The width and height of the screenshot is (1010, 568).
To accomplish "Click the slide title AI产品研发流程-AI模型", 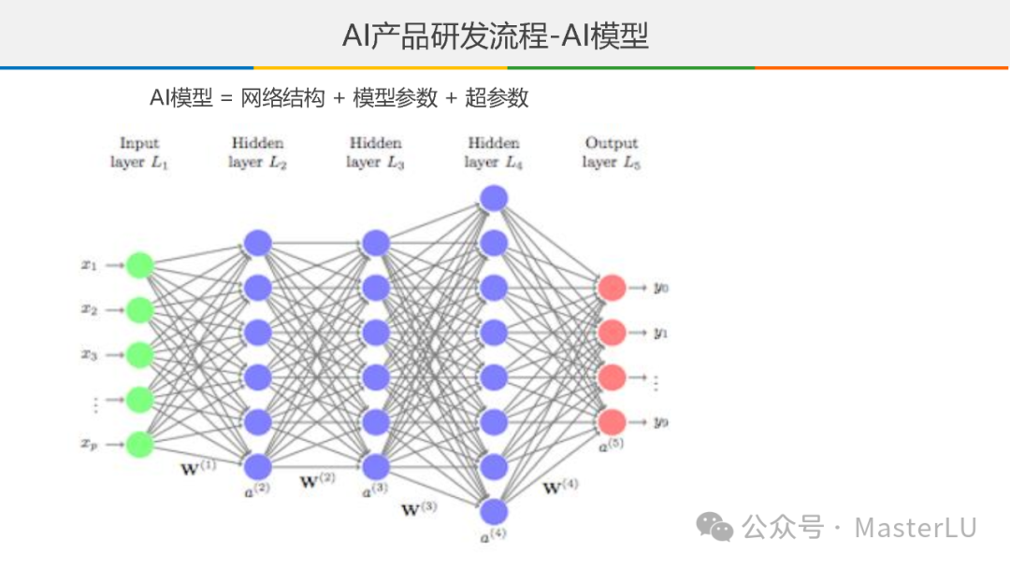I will (x=496, y=36).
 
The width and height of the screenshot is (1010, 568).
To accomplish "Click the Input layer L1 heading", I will (x=139, y=152).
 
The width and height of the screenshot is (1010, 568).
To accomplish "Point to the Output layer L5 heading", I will (x=612, y=152).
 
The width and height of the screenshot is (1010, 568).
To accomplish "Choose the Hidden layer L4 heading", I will (x=493, y=152).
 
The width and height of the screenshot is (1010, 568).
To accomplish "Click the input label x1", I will (x=90, y=265).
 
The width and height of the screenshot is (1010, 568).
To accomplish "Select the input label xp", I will (x=90, y=445).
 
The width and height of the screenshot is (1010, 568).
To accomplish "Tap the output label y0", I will (x=661, y=288).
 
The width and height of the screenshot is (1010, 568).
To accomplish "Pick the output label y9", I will (x=661, y=422).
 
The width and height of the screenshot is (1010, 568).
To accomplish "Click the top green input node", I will (x=139, y=265).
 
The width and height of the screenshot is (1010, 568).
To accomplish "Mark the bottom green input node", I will (x=139, y=444).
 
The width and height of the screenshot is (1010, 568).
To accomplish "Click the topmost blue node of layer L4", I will (x=493, y=198).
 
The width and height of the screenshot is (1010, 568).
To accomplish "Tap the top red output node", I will (x=612, y=288).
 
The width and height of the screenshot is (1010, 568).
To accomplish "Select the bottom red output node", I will (x=612, y=422).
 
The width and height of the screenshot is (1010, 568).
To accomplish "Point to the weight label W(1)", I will (x=197, y=466).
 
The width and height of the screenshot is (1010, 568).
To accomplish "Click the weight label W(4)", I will (x=560, y=487).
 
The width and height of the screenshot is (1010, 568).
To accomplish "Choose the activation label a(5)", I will (x=611, y=445).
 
